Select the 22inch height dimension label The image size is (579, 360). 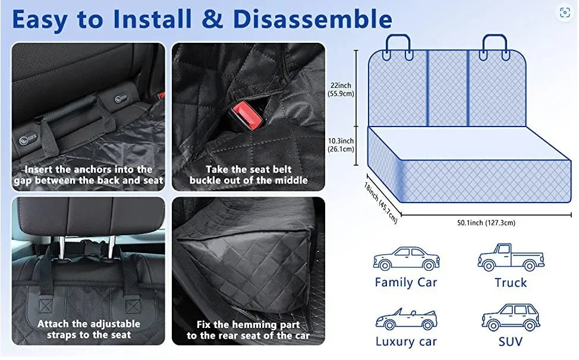click(342, 89)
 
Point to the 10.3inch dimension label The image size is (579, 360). click(342, 145)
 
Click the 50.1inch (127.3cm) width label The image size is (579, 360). click(478, 223)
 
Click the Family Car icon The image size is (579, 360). click(406, 259)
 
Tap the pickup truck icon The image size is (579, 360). click(511, 257)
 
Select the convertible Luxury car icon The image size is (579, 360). click(406, 319)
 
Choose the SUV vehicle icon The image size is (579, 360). click(511, 317)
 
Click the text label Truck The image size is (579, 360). click(511, 283)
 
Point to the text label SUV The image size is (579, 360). click(511, 342)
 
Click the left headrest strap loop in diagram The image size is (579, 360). click(398, 46)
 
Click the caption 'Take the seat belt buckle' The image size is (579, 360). click(248, 175)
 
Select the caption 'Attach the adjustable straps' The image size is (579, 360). click(89, 330)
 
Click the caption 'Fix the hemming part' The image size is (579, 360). click(248, 330)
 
